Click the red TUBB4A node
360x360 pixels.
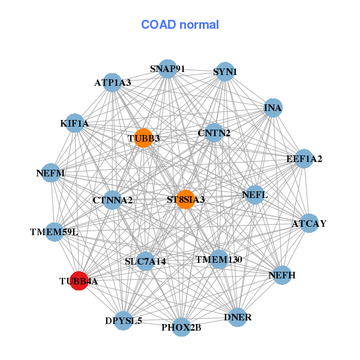(79, 280)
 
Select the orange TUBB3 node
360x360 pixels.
(143, 138)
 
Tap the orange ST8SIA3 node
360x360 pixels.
(185, 199)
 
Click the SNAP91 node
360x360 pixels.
(167, 69)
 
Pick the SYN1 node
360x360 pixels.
(224, 72)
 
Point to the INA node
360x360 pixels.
(273, 108)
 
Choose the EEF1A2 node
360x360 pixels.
(304, 159)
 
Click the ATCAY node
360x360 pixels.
(309, 223)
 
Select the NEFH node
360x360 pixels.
(282, 275)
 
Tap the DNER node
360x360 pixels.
(238, 317)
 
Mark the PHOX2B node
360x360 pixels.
(181, 327)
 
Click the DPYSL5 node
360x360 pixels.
(124, 320)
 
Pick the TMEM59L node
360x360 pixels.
(54, 231)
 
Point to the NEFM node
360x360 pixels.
(50, 173)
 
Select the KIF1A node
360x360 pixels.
(74, 124)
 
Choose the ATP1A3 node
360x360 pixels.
(112, 82)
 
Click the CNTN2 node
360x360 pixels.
(214, 133)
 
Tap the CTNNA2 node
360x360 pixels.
(112, 199)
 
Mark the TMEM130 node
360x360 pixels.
(218, 259)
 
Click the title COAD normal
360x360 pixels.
(180, 25)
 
